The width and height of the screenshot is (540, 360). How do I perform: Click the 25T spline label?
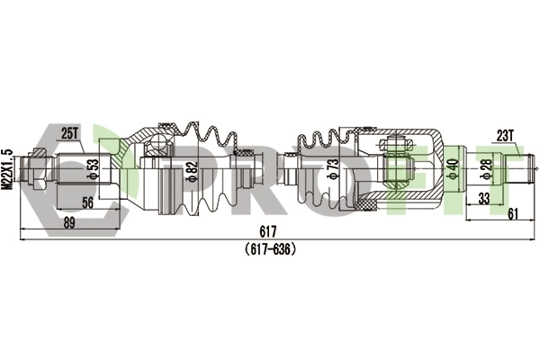[x=69, y=134]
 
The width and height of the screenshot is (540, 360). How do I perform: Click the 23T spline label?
[x=505, y=137]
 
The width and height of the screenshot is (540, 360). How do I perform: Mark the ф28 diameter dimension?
[x=487, y=169]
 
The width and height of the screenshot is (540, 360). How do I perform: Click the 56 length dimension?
[x=88, y=202]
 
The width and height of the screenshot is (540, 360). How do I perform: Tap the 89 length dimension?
[x=69, y=222]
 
